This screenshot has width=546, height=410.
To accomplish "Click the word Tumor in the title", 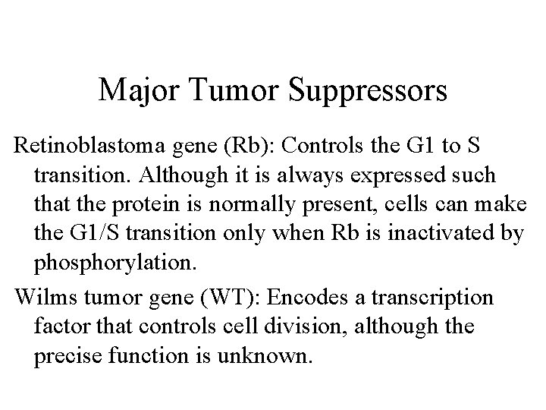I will (x=235, y=91).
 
